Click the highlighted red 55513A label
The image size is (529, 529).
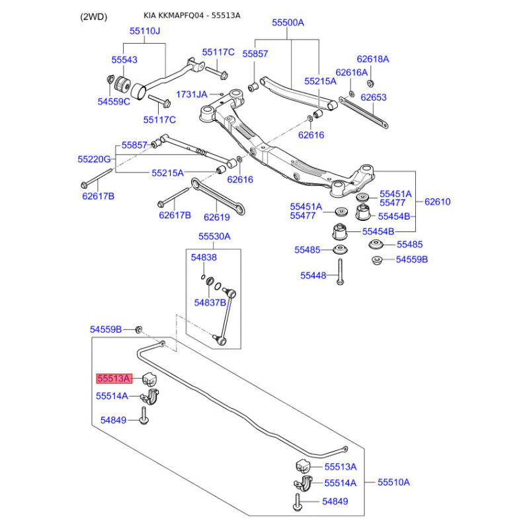114,379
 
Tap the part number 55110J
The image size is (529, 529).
145,32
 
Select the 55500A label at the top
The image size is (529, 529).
288,23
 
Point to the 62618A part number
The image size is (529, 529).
373,60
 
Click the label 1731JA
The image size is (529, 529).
192,95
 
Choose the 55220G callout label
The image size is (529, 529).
94,159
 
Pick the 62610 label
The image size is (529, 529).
437,202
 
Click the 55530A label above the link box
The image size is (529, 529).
214,236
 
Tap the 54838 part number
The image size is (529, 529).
204,257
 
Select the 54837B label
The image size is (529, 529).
210,302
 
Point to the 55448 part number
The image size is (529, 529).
313,275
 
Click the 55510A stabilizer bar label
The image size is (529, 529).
393,483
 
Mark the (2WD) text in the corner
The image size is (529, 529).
93,16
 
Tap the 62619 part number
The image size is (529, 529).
216,216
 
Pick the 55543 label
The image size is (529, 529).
124,60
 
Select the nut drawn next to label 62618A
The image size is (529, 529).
370,83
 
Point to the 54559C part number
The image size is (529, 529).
114,102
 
